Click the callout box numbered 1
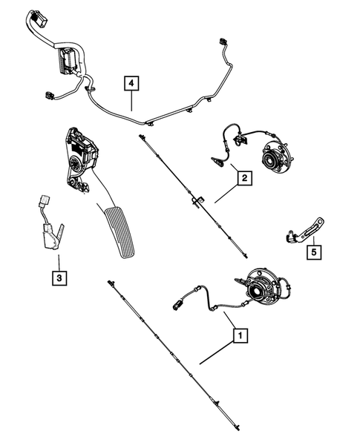[239, 335]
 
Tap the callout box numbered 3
[58, 279]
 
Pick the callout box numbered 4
[131, 84]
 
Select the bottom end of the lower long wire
[238, 426]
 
